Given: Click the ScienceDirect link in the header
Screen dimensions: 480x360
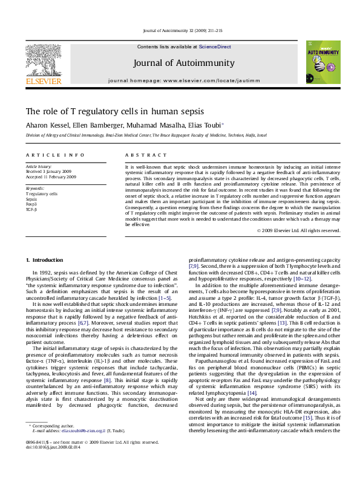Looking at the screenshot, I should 215,47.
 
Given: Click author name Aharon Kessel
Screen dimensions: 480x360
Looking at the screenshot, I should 45,125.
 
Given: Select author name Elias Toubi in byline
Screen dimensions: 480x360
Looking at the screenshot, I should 206,125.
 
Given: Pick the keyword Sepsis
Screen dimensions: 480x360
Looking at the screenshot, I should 32,199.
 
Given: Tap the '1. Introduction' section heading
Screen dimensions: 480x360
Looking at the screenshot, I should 44,260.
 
